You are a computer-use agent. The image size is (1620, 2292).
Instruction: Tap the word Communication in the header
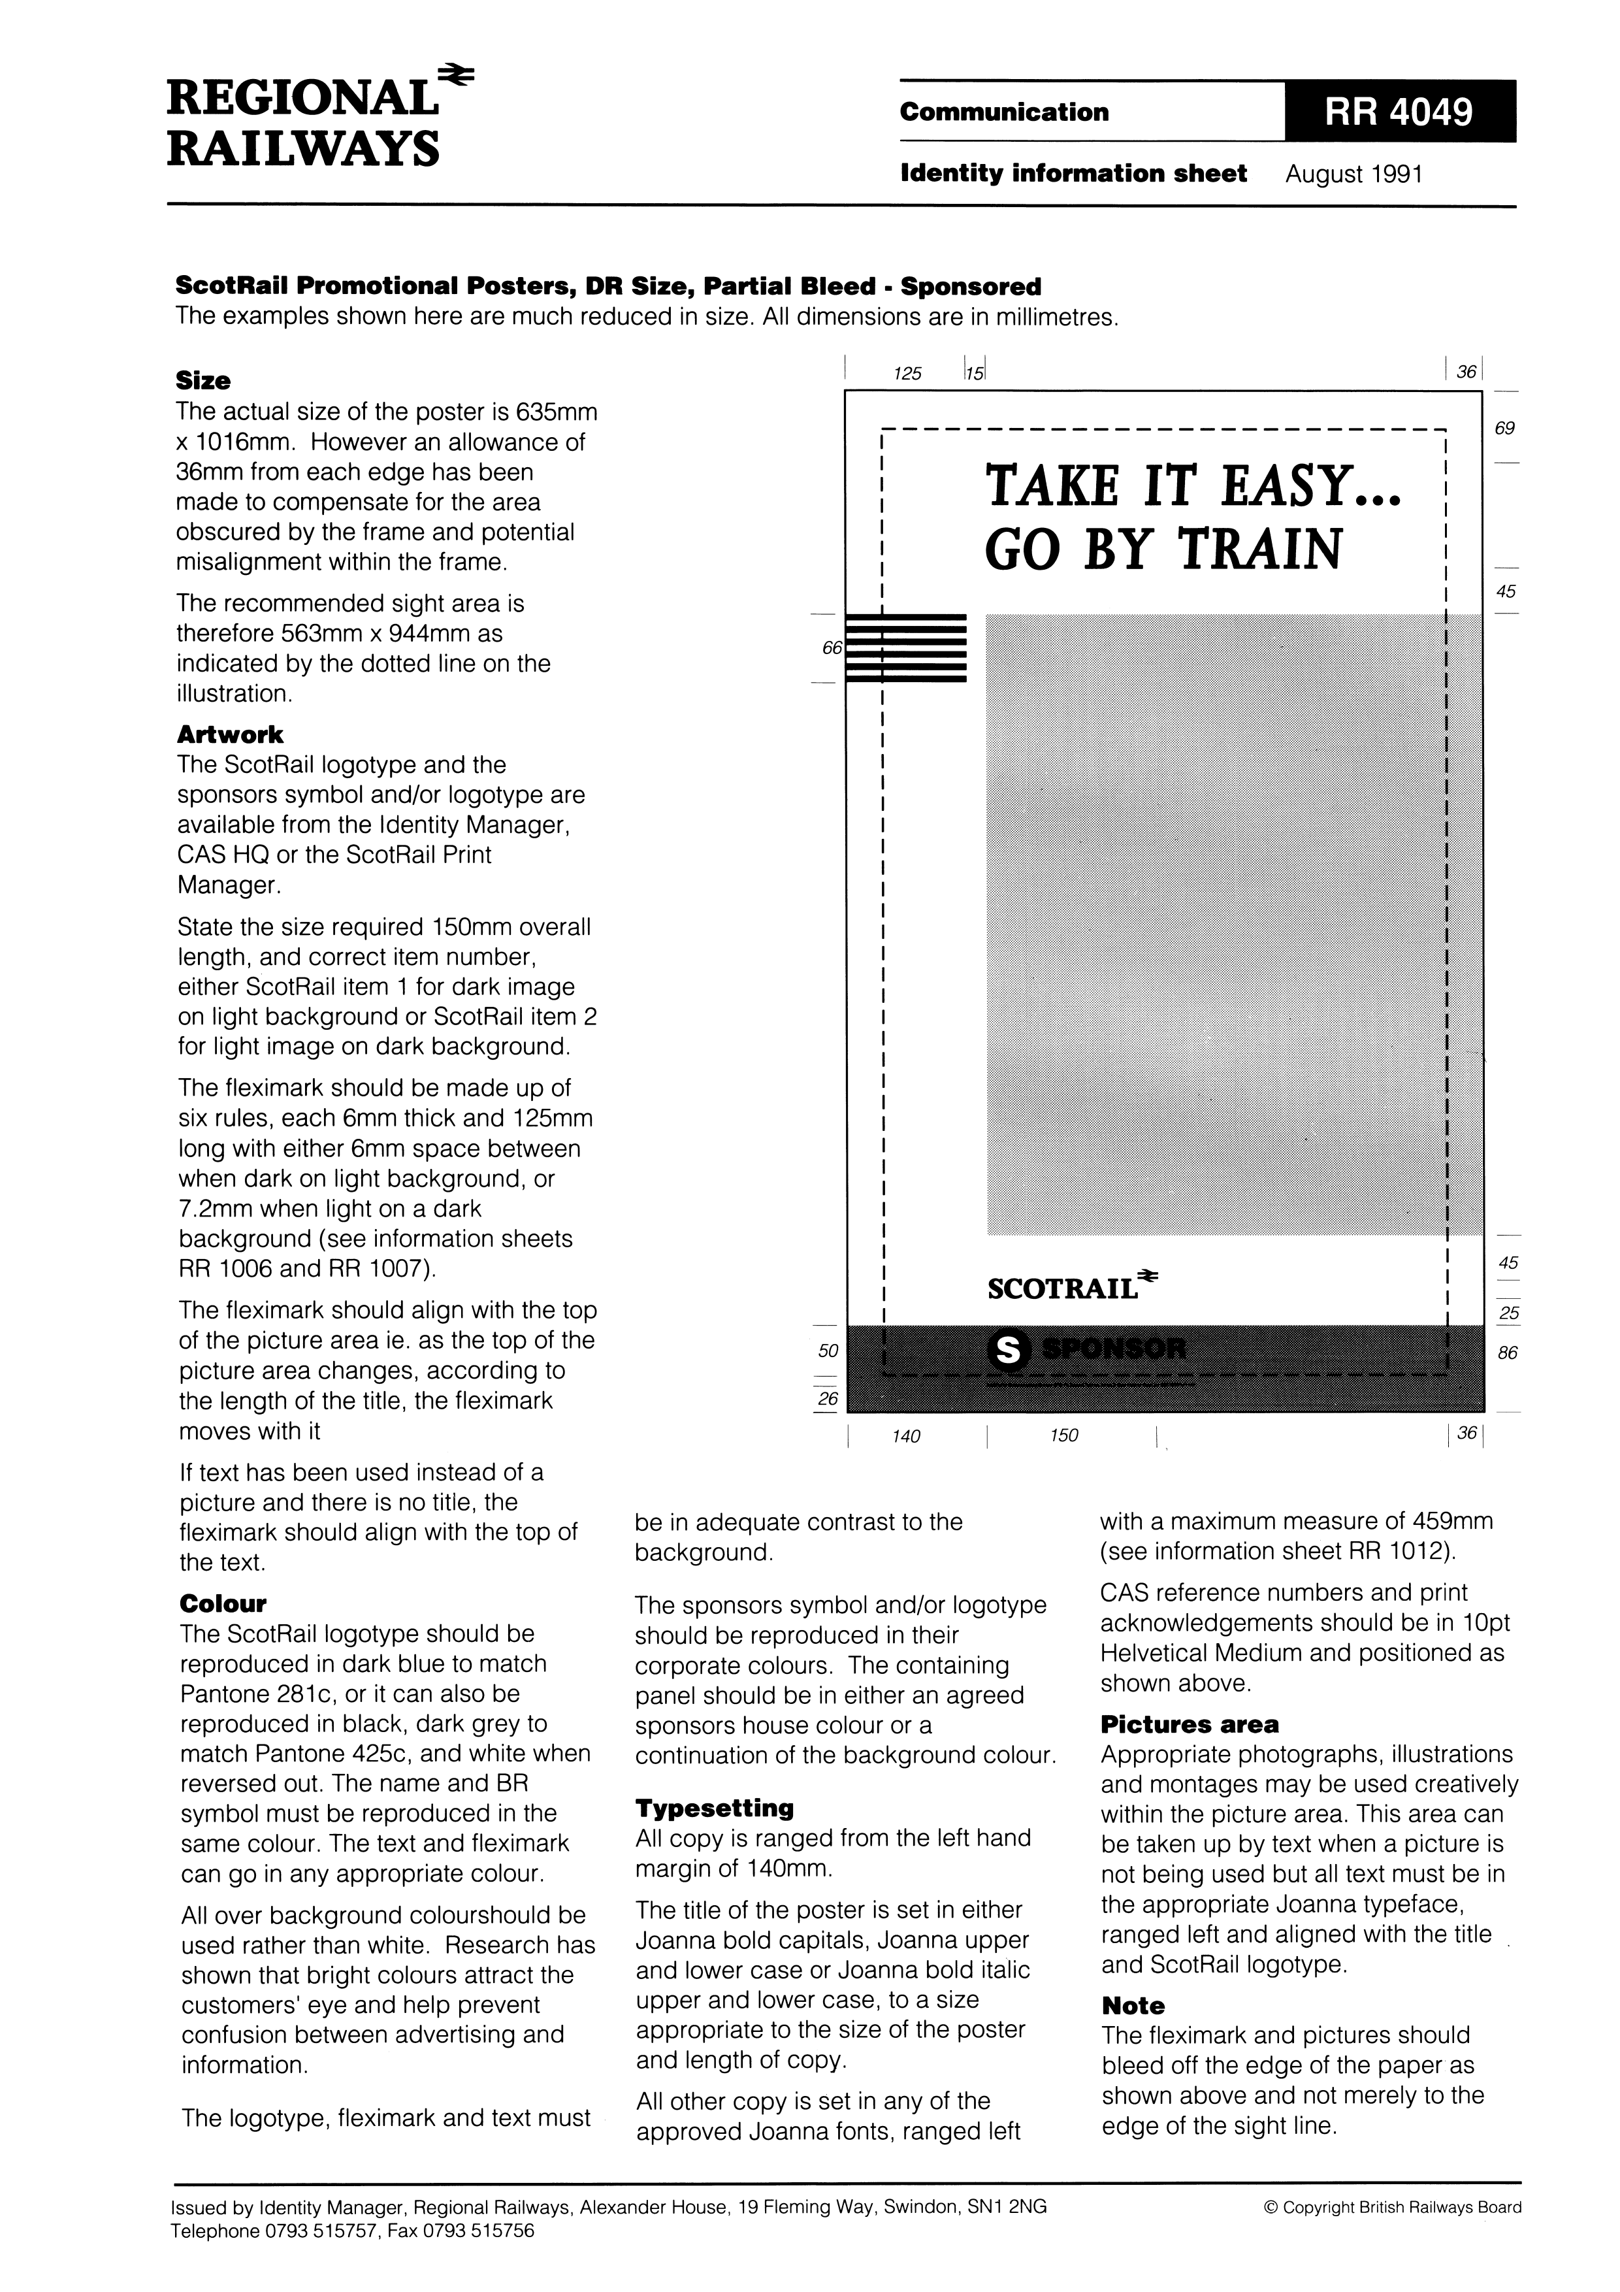tap(1003, 112)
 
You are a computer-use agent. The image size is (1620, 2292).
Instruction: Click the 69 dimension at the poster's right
tap(1504, 428)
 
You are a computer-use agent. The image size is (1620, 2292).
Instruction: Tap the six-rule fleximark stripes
tap(906, 647)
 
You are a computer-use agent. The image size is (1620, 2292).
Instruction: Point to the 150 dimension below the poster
tap(1064, 1435)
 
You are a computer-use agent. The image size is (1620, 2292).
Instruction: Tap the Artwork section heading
tap(229, 735)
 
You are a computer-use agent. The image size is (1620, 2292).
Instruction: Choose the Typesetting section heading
tap(714, 1808)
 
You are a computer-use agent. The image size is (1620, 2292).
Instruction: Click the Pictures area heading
tap(1189, 1724)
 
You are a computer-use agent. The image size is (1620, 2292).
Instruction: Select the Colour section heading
tap(223, 1604)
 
